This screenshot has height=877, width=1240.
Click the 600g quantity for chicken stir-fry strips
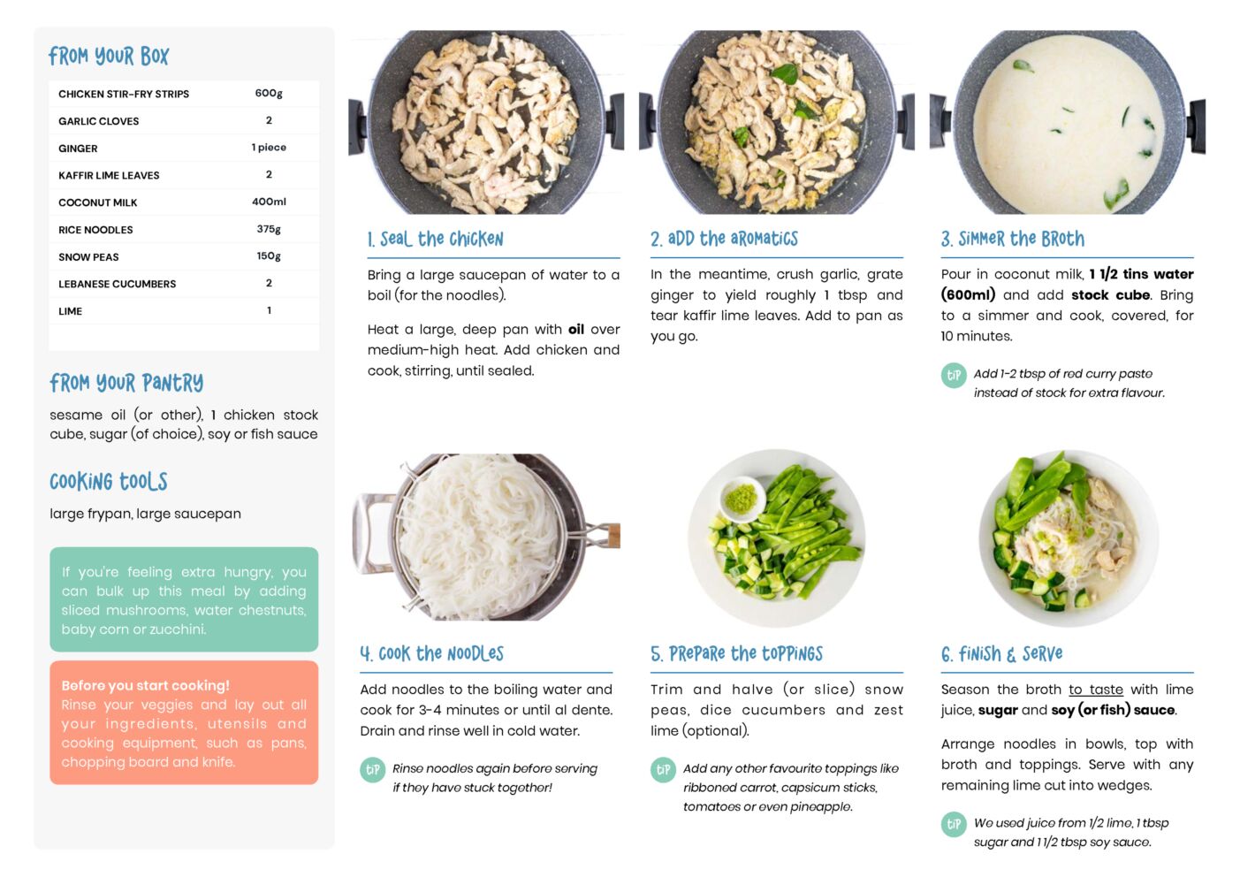(269, 93)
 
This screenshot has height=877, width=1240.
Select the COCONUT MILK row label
(97, 202)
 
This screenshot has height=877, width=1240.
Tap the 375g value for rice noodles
(269, 229)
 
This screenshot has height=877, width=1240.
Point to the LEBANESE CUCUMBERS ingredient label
(117, 284)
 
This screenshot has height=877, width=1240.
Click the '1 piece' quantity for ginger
(269, 148)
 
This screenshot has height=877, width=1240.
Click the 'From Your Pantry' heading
(126, 383)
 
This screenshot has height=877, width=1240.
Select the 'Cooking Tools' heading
(109, 482)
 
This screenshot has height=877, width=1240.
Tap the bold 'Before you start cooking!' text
(145, 685)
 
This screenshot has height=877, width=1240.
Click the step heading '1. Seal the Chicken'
(435, 240)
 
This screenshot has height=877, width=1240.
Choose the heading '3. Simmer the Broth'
(1013, 239)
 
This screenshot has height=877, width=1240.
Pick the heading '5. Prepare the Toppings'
(737, 654)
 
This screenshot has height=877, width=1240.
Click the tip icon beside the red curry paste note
(954, 376)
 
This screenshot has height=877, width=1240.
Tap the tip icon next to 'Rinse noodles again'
(373, 770)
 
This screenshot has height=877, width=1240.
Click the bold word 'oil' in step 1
(575, 330)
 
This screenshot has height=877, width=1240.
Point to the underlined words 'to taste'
(1096, 690)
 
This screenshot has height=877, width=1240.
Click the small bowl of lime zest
(742, 499)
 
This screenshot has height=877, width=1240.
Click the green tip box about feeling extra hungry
(184, 599)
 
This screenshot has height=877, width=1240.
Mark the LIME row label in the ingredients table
(71, 311)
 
